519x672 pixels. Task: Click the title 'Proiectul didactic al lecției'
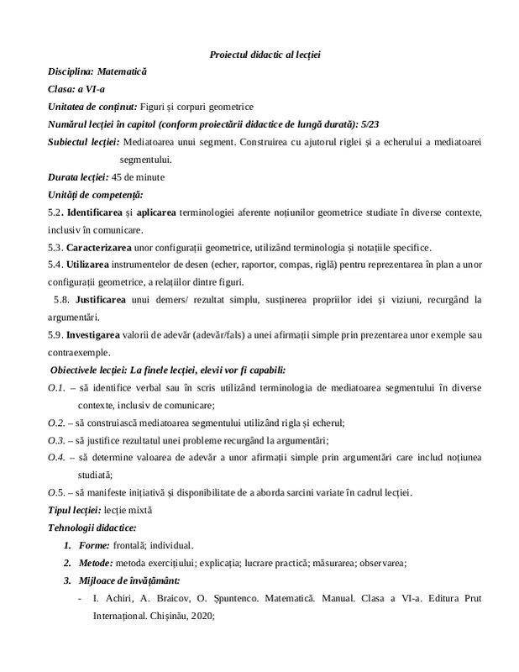click(x=265, y=55)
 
